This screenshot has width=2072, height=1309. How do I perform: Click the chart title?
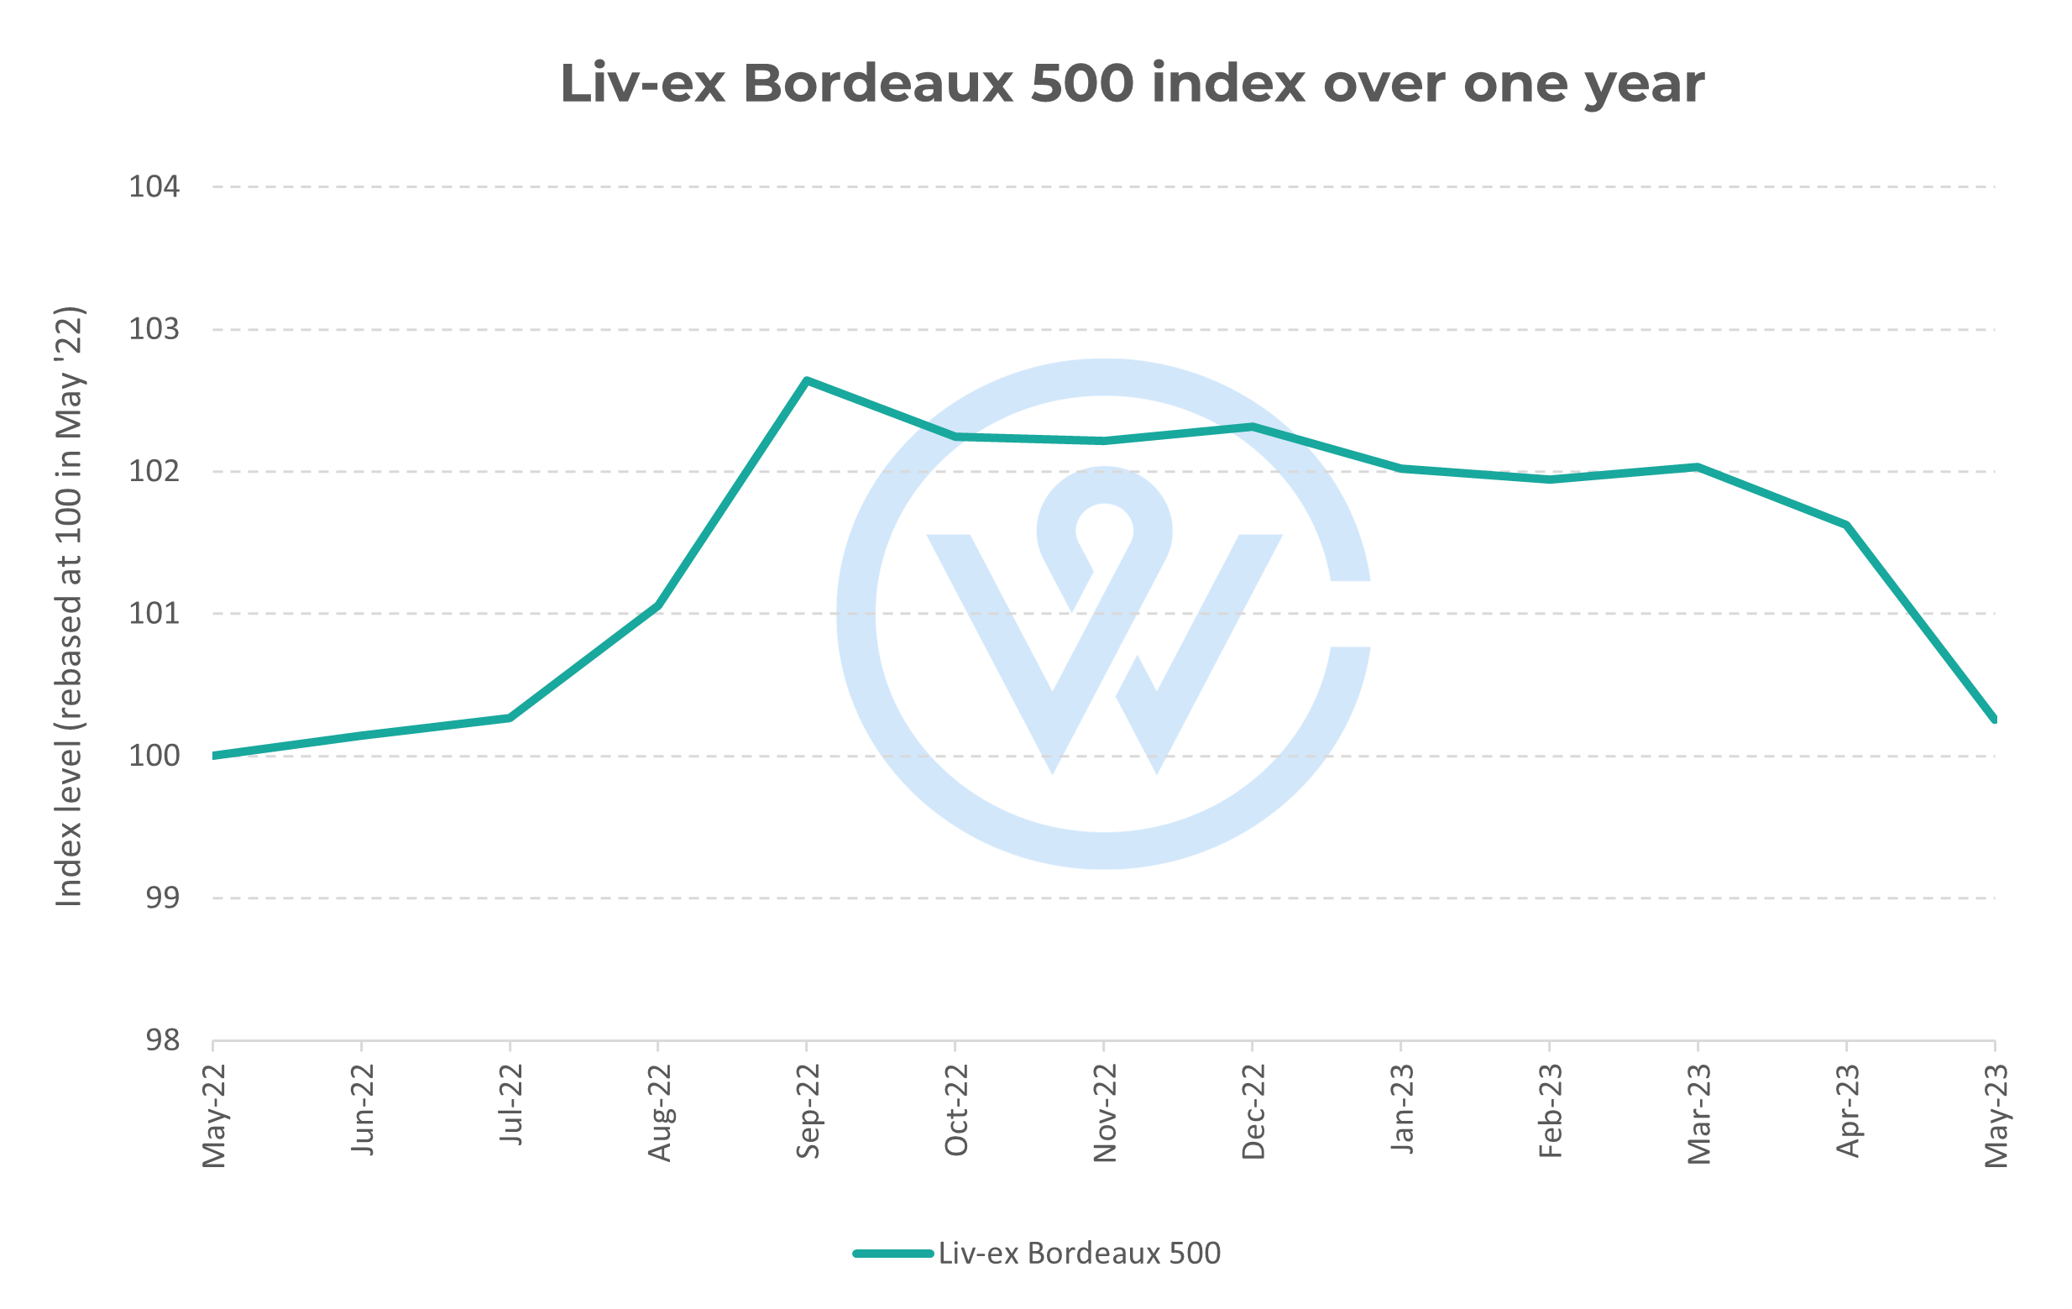1132,84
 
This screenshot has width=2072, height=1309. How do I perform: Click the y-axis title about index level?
69,606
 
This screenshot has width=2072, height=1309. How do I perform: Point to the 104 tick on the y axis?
154,186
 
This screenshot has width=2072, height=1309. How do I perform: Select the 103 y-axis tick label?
154,329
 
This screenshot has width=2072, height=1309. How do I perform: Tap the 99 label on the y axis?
162,898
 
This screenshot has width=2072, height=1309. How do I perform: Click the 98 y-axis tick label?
162,1040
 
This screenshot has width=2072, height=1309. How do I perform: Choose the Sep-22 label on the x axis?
807,1111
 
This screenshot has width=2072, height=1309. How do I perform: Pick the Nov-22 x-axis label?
1104,1113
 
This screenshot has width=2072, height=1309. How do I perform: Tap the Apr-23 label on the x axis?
1847,1111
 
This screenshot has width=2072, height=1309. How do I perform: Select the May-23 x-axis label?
1996,1115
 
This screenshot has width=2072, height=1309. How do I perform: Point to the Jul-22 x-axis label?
510,1104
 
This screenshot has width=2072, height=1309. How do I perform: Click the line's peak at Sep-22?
806,380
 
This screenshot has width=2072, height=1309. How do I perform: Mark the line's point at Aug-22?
658,605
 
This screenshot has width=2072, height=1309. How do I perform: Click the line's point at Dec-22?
1253,426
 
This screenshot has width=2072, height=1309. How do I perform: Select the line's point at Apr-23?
1846,525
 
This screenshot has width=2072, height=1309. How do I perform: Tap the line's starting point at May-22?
213,756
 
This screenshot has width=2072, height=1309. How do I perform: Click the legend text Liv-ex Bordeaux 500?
1079,1253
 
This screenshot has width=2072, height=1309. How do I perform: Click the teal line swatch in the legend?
892,1254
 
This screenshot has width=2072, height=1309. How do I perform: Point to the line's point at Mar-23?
1698,468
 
